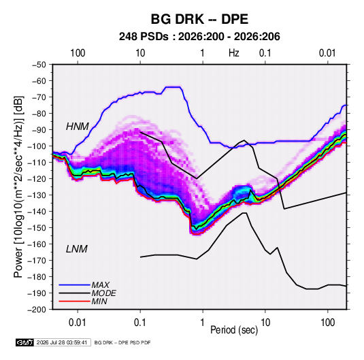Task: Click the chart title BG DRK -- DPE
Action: point(199,19)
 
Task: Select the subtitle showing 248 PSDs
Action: point(199,37)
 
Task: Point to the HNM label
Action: point(78,127)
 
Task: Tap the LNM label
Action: point(77,249)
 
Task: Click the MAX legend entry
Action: point(100,285)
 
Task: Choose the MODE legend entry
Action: point(104,293)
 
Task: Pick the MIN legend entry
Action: point(99,301)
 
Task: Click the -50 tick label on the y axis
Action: point(39,65)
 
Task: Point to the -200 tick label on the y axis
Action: point(37,310)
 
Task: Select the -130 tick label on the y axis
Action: point(37,195)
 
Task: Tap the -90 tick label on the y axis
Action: point(39,130)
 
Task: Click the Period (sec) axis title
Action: point(234,330)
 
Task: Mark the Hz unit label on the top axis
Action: point(234,53)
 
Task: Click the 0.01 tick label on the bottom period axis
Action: point(78,323)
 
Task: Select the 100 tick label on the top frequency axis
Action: point(78,53)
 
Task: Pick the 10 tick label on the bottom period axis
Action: point(265,323)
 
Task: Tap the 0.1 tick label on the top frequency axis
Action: point(265,53)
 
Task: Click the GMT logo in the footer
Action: point(25,342)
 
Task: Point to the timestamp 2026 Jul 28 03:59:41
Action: point(62,342)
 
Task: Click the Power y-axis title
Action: point(18,186)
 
